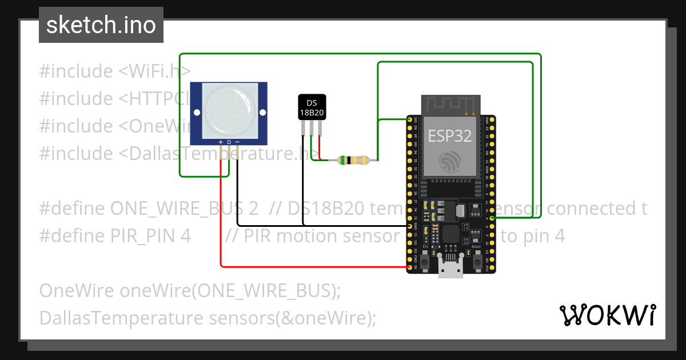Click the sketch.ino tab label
101,25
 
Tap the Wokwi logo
607,315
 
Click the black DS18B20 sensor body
312,107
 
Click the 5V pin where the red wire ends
409,267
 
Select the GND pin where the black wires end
409,226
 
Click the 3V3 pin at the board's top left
409,121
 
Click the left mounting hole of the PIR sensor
196,112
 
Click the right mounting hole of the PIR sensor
263,112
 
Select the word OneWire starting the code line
77,290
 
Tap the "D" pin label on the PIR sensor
229,142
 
